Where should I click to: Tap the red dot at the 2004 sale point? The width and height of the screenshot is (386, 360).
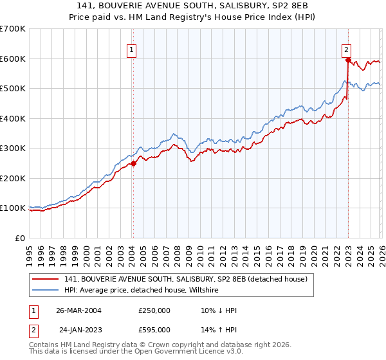point(133,163)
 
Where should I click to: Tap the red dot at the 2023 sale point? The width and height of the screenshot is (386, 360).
point(348,60)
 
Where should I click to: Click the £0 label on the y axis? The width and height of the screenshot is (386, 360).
point(20,238)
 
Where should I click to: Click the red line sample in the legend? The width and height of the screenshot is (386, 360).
point(46,279)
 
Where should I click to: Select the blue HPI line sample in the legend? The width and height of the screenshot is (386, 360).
point(46,291)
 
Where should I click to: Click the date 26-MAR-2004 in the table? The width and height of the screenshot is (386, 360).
point(78,310)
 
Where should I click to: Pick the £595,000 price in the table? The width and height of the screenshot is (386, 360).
point(154,329)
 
